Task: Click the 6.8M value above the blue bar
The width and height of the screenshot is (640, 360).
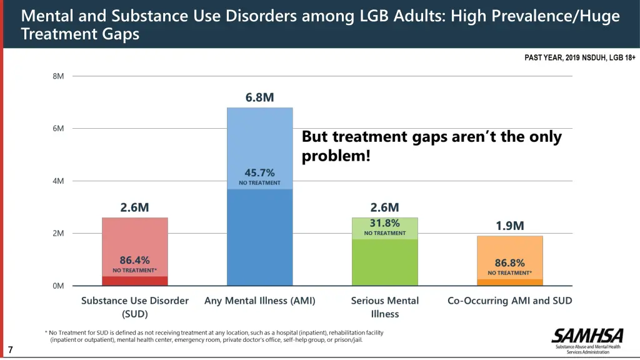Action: [x=259, y=97]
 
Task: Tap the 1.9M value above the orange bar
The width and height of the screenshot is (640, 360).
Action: [x=510, y=226]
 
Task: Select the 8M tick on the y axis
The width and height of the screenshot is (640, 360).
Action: [x=58, y=76]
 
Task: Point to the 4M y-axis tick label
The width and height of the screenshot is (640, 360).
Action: [x=58, y=181]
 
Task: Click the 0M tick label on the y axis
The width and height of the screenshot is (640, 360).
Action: [x=58, y=286]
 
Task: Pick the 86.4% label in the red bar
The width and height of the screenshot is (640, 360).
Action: [x=134, y=260]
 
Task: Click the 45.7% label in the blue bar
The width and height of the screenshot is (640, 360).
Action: [x=259, y=172]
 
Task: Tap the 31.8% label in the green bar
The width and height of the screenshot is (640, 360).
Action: [x=384, y=222]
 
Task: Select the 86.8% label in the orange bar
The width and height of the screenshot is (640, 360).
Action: [x=509, y=263]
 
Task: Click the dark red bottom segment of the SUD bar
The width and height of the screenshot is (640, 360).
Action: [x=135, y=281]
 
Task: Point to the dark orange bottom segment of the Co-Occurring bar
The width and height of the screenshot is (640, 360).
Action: [x=510, y=282]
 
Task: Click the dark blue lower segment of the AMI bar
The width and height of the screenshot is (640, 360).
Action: [x=260, y=237]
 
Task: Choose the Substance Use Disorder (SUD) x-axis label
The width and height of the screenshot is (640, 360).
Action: [x=135, y=307]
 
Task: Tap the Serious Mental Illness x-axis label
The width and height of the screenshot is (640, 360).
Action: [x=385, y=307]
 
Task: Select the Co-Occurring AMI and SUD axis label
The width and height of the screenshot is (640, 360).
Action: [x=510, y=301]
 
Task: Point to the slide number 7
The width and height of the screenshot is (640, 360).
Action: [x=11, y=350]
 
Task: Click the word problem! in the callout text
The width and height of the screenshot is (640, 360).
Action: [x=336, y=155]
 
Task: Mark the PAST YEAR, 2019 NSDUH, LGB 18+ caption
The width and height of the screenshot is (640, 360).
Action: [x=579, y=58]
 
